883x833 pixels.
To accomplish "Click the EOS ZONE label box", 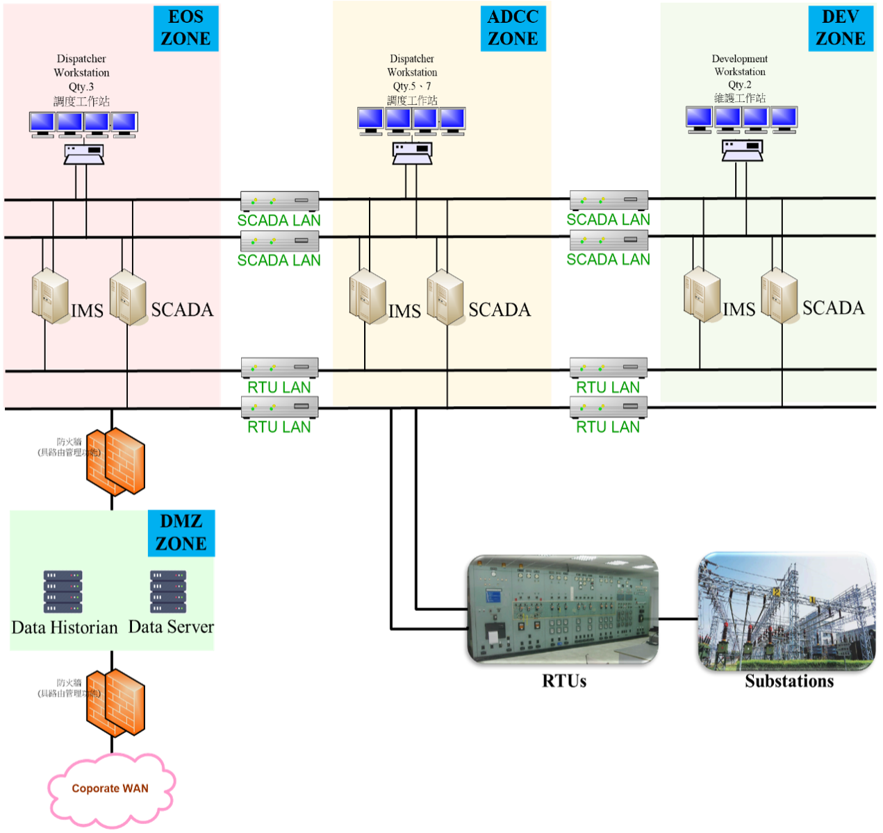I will pyautogui.click(x=185, y=28).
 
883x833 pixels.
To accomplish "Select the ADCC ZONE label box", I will pyautogui.click(x=513, y=28).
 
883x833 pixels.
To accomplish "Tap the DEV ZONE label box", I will pyautogui.click(x=840, y=28).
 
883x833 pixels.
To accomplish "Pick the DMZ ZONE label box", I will pyautogui.click(x=181, y=532).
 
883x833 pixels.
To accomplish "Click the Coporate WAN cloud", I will pyautogui.click(x=110, y=789).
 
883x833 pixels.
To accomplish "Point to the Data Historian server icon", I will pyautogui.click(x=63, y=591).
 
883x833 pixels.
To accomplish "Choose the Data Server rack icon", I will pyautogui.click(x=168, y=591).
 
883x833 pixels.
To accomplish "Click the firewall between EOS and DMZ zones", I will pyautogui.click(x=115, y=461).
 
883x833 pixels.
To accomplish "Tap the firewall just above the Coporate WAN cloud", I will pyautogui.click(x=115, y=702).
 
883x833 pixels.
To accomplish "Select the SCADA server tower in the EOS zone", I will pyautogui.click(x=129, y=297).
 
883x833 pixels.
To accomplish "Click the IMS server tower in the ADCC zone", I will pyautogui.click(x=368, y=296).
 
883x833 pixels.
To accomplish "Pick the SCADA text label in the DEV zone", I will pyautogui.click(x=833, y=308).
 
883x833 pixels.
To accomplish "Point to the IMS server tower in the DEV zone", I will pyautogui.click(x=702, y=295).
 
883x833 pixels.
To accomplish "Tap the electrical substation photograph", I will pyautogui.click(x=786, y=611).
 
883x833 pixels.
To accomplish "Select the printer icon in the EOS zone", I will pyautogui.click(x=84, y=153).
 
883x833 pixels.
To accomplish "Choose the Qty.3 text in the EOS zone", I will pyautogui.click(x=81, y=87).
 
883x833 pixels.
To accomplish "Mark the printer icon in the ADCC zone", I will pyautogui.click(x=412, y=153).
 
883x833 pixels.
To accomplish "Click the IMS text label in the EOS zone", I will pyautogui.click(x=87, y=311).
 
